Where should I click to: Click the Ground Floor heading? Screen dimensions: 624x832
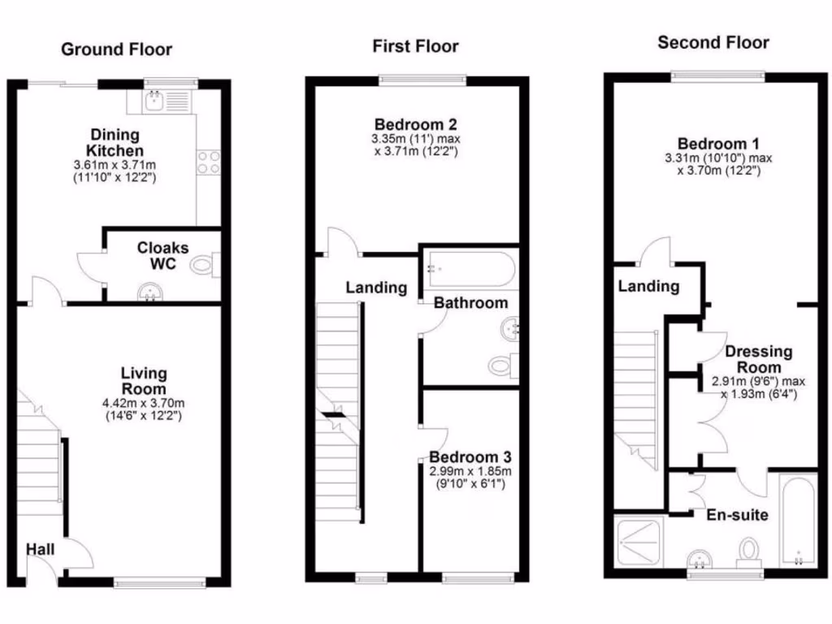pyautogui.click(x=117, y=50)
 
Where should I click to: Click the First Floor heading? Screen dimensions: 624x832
pyautogui.click(x=415, y=46)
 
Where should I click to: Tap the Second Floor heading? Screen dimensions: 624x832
pyautogui.click(x=713, y=42)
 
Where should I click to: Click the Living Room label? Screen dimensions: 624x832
pyautogui.click(x=144, y=381)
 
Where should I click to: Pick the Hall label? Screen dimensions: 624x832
pyautogui.click(x=41, y=550)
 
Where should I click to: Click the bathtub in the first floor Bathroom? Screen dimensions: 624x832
pyautogui.click(x=468, y=269)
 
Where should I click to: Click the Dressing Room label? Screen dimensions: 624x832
pyautogui.click(x=758, y=359)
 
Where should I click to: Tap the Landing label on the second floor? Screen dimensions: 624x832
pyautogui.click(x=648, y=286)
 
